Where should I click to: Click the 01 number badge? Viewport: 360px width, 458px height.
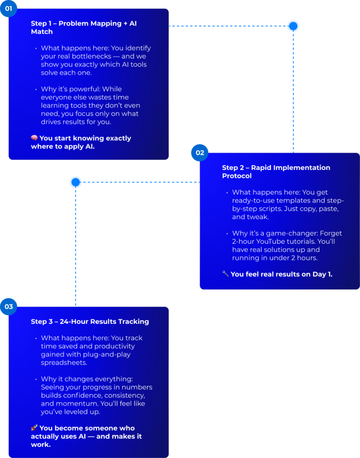pos(8,8)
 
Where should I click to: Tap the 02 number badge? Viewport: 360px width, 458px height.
pos(200,153)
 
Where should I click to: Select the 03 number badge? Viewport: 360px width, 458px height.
pos(8,306)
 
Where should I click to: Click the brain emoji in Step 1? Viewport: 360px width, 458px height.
pos(34,138)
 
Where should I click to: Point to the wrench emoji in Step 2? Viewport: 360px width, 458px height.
pos(225,274)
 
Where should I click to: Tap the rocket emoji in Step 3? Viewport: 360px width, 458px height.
pos(34,428)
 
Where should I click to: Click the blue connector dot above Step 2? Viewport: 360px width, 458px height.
pos(293,26)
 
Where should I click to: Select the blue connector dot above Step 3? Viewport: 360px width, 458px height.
pos(76,182)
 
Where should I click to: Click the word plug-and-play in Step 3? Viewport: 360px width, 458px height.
pos(107,355)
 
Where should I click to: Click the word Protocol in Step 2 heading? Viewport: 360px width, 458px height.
pos(237,176)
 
